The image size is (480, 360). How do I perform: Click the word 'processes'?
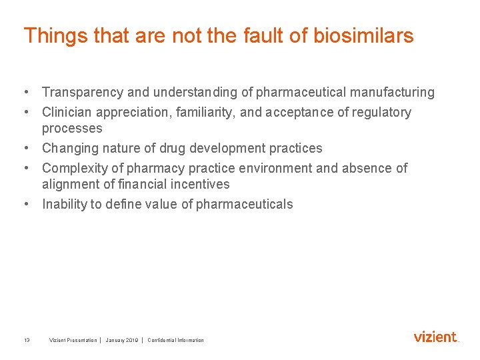(x=72, y=128)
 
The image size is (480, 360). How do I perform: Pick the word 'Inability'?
(x=64, y=204)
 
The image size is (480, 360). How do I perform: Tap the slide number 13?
(x=27, y=340)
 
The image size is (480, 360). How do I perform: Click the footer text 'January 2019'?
(x=122, y=340)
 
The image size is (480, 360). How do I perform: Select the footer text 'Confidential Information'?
(x=176, y=340)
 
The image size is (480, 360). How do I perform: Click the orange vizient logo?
(x=435, y=337)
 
